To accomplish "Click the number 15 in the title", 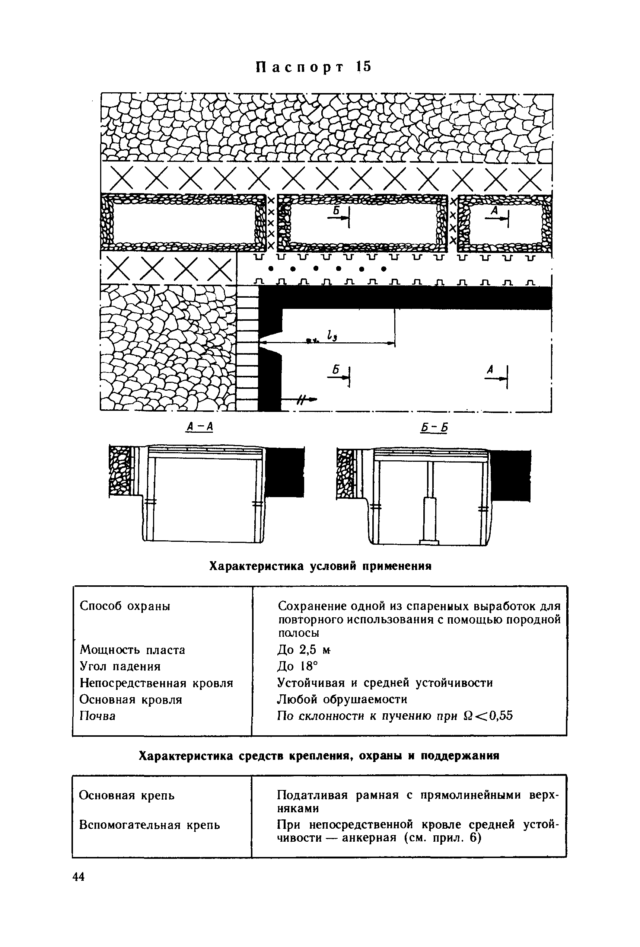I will (363, 67).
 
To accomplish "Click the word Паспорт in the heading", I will (300, 68).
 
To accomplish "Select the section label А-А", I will (199, 427).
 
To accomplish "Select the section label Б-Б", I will (434, 428).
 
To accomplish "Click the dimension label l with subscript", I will (329, 335).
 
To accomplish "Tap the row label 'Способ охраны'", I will (125, 606).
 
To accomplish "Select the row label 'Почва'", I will (98, 716).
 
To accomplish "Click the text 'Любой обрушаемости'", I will (342, 699).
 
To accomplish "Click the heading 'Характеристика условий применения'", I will (320, 566).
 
